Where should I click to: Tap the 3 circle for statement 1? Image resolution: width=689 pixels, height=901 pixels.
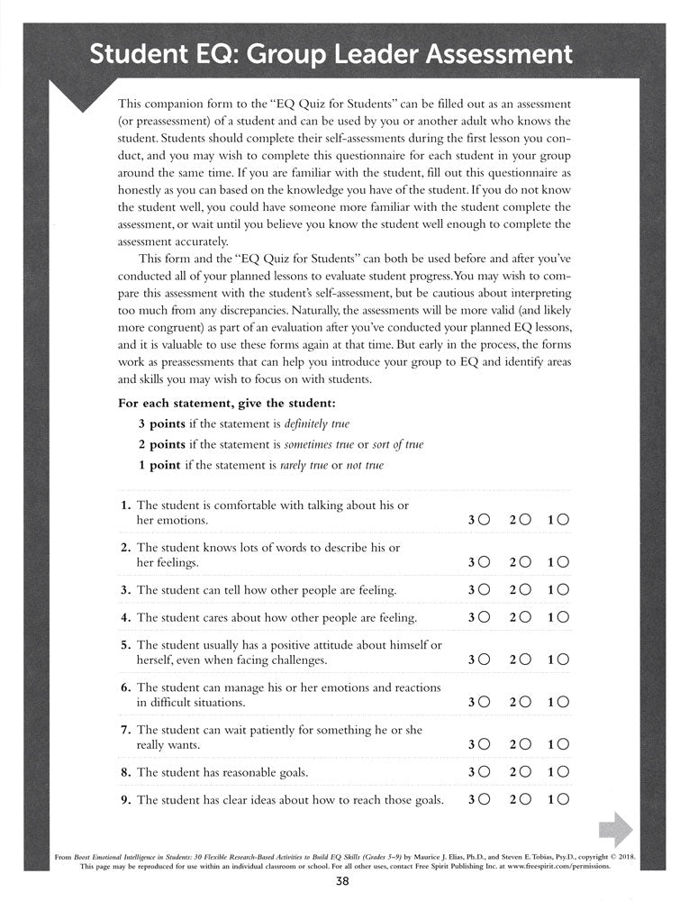[x=485, y=521]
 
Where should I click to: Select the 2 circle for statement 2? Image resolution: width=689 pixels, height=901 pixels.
[x=525, y=562]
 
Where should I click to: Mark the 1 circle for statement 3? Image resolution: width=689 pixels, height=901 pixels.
[x=564, y=590]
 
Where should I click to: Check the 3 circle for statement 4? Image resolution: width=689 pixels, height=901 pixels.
[x=485, y=618]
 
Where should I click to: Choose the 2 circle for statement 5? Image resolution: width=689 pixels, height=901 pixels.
[x=525, y=660]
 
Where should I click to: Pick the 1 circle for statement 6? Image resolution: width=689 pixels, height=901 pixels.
[x=564, y=702]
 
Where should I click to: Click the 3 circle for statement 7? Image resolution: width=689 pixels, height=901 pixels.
[x=485, y=744]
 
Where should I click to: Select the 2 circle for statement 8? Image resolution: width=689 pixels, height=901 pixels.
[x=525, y=772]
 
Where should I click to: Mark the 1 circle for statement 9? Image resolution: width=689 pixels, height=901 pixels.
[x=564, y=800]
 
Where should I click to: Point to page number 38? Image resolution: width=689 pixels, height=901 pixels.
[x=344, y=883]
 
